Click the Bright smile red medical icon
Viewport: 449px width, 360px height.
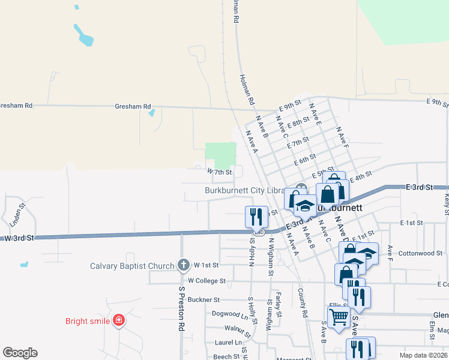coord(119,320)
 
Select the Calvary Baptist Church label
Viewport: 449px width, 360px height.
coord(132,266)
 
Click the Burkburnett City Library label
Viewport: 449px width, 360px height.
coord(243,190)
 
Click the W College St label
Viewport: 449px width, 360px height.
coord(206,280)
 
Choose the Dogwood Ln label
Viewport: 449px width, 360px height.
coord(229,313)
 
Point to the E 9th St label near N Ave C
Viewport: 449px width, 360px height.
coord(290,106)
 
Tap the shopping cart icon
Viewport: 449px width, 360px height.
coord(339,317)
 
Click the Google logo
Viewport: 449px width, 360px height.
coord(20,353)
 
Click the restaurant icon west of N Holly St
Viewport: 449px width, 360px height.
coord(257,215)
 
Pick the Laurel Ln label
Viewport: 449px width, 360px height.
coord(228,343)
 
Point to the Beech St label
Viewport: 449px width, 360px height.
coord(227,356)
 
